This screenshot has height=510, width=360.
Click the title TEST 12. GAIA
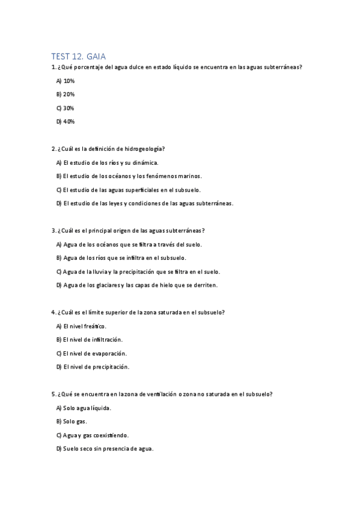tap(79, 56)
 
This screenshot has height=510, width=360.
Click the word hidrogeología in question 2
tap(144, 149)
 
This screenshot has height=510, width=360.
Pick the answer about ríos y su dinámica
tap(107, 162)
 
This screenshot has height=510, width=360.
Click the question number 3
tap(55, 230)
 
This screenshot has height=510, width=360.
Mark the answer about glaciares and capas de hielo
tap(136, 285)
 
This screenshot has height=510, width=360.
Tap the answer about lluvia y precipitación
tap(138, 271)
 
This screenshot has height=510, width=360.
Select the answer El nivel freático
tap(81, 326)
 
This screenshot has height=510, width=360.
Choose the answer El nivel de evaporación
tap(88, 353)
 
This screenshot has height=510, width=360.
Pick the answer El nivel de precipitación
tap(90, 367)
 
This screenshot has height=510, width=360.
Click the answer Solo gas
tap(71, 421)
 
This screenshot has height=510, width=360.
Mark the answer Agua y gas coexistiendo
tap(92, 435)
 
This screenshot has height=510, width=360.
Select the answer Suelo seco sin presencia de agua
tap(105, 449)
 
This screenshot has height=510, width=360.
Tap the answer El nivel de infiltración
tap(85, 339)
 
